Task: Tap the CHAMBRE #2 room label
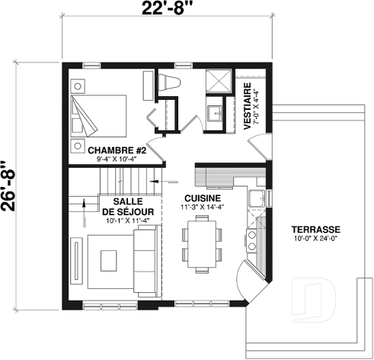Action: click(116, 149)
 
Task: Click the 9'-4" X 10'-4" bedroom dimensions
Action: click(116, 159)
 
